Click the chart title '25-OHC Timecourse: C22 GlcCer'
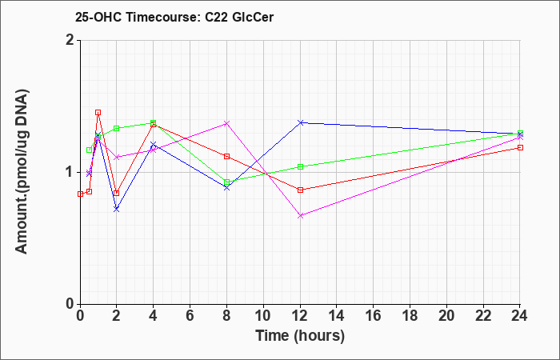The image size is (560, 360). pyautogui.click(x=174, y=17)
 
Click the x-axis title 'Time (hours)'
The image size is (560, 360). pyautogui.click(x=300, y=336)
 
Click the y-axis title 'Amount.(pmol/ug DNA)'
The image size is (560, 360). pyautogui.click(x=22, y=171)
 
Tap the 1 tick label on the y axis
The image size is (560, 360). pyautogui.click(x=70, y=173)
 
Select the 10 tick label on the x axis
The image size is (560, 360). pyautogui.click(x=263, y=316)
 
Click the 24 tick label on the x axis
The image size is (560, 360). pyautogui.click(x=520, y=316)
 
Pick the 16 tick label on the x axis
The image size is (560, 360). pyautogui.click(x=374, y=316)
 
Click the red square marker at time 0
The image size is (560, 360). pyautogui.click(x=80, y=194)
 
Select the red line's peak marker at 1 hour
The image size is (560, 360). pyautogui.click(x=98, y=113)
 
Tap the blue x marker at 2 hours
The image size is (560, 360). pyautogui.click(x=116, y=210)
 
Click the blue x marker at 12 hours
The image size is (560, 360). pyautogui.click(x=300, y=122)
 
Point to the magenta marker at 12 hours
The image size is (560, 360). pyautogui.click(x=300, y=216)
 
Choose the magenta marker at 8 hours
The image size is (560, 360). pyautogui.click(x=226, y=123)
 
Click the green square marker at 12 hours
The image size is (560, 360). pyautogui.click(x=300, y=166)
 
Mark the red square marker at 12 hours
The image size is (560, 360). pyautogui.click(x=300, y=190)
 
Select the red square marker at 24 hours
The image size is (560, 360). pyautogui.click(x=520, y=147)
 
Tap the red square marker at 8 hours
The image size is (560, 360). pyautogui.click(x=226, y=157)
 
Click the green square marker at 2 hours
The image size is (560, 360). pyautogui.click(x=116, y=128)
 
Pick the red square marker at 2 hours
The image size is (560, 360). pyautogui.click(x=116, y=194)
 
